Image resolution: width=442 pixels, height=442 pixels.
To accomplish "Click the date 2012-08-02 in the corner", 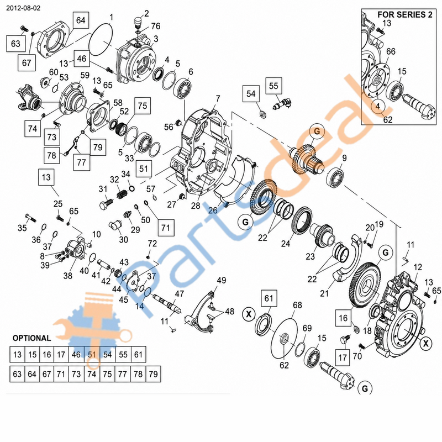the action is (x=23, y=8).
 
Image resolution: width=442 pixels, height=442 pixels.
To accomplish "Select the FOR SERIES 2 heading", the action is (x=404, y=15).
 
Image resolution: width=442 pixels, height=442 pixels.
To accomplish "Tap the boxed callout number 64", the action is (x=81, y=20).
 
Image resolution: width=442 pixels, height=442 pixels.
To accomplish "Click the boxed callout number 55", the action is (x=273, y=86).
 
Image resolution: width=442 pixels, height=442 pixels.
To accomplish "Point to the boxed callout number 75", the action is (x=143, y=106).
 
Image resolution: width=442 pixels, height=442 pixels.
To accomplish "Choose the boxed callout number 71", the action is (x=165, y=227).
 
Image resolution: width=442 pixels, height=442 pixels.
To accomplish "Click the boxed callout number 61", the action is (x=269, y=298).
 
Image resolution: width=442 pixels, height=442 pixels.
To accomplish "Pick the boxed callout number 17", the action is (x=342, y=357).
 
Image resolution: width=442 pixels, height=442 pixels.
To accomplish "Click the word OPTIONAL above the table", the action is (x=32, y=338).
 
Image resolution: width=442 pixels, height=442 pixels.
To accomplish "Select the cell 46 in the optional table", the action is (x=76, y=355).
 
